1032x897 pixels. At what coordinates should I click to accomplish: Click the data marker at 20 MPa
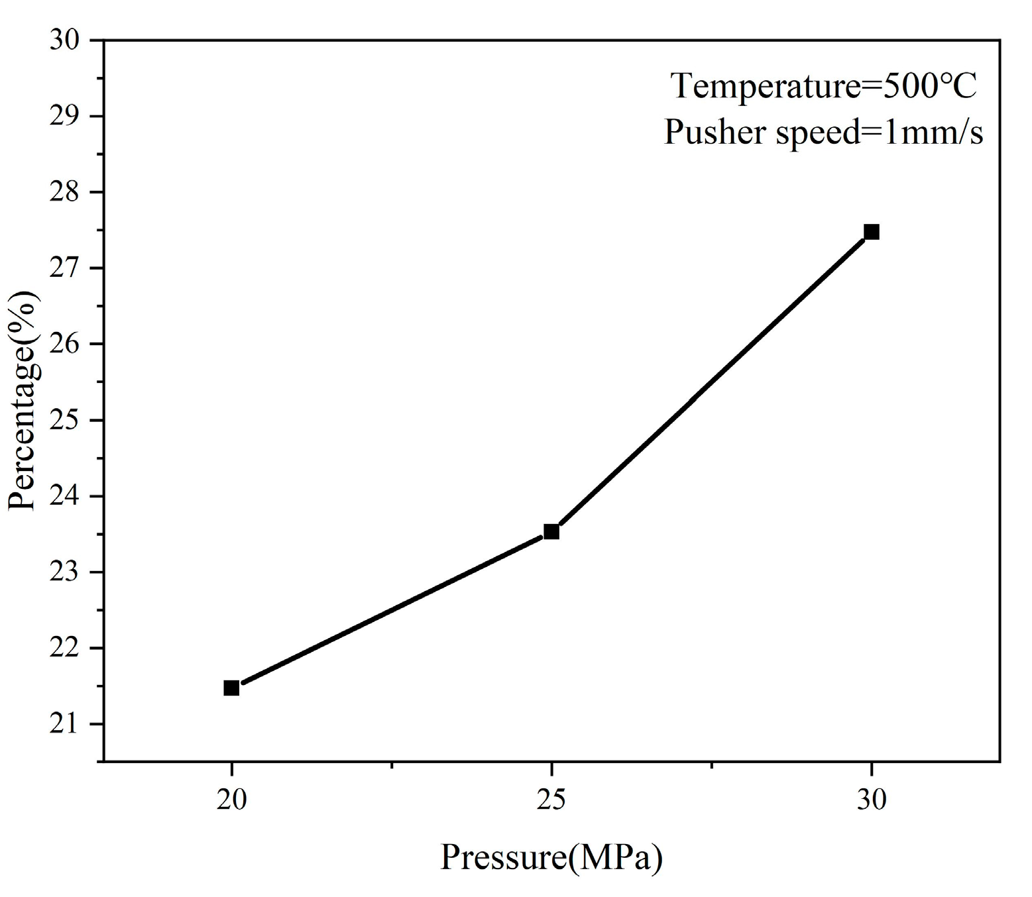click(231, 688)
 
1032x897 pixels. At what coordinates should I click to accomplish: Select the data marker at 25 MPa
click(551, 531)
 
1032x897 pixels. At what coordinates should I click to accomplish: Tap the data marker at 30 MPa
click(872, 231)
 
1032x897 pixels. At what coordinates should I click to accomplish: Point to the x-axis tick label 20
click(231, 800)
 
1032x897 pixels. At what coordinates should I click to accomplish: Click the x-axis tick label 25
click(551, 800)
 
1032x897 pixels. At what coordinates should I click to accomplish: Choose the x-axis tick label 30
click(872, 800)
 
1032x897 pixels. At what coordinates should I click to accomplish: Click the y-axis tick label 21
click(65, 724)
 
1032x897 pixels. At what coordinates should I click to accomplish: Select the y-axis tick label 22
click(65, 648)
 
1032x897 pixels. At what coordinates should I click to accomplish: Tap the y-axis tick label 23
click(65, 572)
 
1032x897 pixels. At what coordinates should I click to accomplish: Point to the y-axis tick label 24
click(65, 496)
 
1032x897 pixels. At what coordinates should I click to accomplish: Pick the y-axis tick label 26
click(65, 344)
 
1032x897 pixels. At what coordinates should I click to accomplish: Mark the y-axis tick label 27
click(65, 268)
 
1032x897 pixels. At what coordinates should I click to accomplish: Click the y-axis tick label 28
click(65, 192)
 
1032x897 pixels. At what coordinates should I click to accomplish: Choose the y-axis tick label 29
click(65, 117)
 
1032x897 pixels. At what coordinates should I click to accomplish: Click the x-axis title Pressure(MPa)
click(551, 858)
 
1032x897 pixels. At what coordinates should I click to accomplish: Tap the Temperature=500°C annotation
click(825, 86)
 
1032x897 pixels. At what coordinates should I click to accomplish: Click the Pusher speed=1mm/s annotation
click(823, 132)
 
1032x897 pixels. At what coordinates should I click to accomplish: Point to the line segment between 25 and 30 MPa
click(711, 382)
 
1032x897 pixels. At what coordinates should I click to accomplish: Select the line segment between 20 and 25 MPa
click(391, 610)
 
